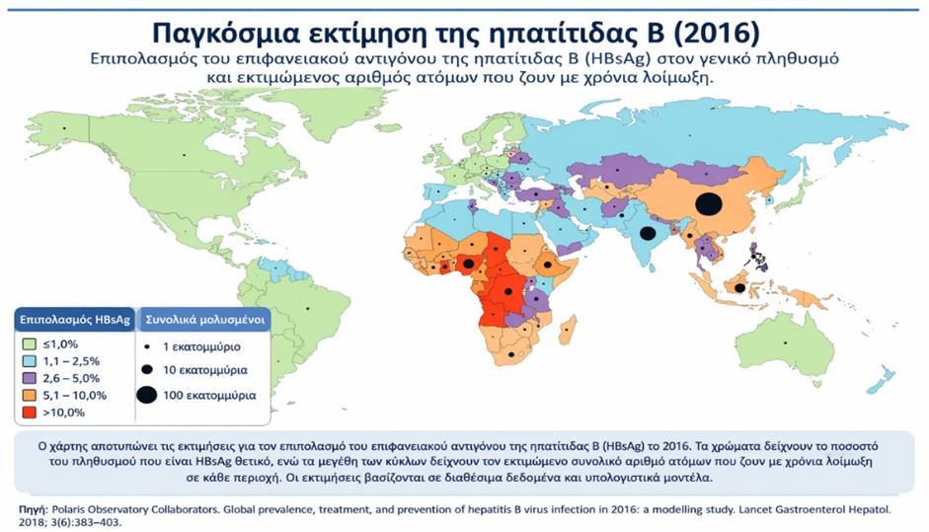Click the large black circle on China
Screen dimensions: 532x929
pyautogui.click(x=706, y=204)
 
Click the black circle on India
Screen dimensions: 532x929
pyautogui.click(x=648, y=234)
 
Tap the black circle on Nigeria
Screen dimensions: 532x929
pyautogui.click(x=467, y=265)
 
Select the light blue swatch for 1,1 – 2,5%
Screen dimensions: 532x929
pyautogui.click(x=28, y=362)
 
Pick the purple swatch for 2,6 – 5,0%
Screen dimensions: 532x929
pyautogui.click(x=28, y=379)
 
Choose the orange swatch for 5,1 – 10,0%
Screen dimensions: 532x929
pyautogui.click(x=28, y=395)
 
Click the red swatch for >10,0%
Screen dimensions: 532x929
pyautogui.click(x=28, y=412)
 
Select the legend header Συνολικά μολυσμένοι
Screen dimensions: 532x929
pyautogui.click(x=201, y=321)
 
